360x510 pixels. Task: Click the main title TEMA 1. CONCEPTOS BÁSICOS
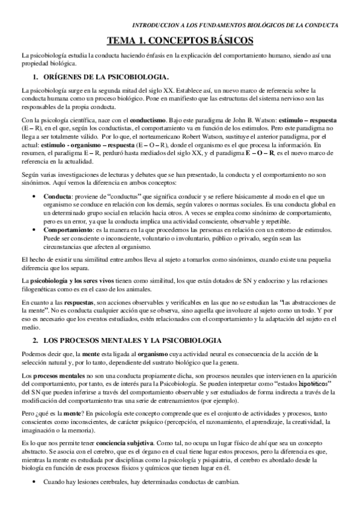coord(180,40)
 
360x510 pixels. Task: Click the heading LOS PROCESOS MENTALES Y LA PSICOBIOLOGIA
coord(135,340)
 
